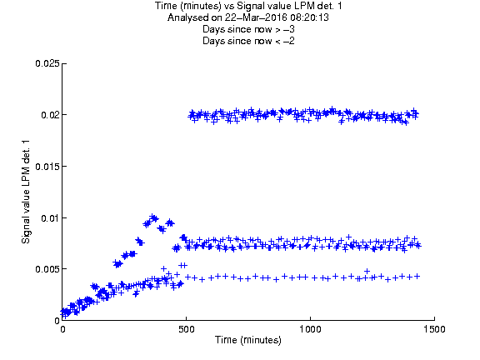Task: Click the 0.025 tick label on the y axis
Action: point(47,63)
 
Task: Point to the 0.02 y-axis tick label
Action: point(50,115)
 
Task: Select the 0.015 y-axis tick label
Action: point(47,167)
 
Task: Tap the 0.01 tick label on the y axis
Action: point(50,218)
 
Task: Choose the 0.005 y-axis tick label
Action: point(47,269)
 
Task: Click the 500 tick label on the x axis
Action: point(187,329)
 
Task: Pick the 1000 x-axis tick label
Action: point(310,329)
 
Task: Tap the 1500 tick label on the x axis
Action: point(434,329)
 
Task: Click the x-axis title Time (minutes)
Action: point(248,340)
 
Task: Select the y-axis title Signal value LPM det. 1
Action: point(26,192)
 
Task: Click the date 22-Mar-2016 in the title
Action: point(256,17)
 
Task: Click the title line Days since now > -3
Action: point(248,29)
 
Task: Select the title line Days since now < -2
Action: point(248,41)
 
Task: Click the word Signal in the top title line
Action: point(249,6)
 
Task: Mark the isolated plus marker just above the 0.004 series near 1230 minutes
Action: point(367,271)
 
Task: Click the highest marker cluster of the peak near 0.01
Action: point(153,217)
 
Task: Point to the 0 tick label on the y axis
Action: point(57,321)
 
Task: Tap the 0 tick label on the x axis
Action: point(62,329)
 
